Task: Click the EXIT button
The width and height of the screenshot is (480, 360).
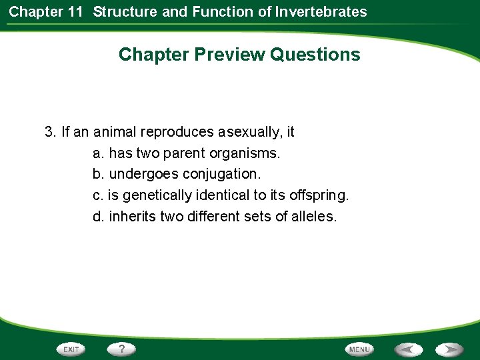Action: click(71, 349)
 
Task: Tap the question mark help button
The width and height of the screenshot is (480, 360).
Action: click(122, 349)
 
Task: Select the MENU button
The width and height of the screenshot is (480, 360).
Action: click(359, 349)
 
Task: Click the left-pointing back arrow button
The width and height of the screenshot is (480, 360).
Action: click(408, 349)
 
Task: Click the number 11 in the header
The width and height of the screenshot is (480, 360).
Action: click(77, 11)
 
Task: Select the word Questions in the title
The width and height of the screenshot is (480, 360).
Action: click(315, 55)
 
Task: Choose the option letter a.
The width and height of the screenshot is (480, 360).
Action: click(98, 153)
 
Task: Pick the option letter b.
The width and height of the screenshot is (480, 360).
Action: click(98, 175)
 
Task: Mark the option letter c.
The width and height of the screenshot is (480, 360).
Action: click(97, 196)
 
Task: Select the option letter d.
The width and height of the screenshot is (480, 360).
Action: click(98, 217)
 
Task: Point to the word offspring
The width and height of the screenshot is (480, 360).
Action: click(321, 196)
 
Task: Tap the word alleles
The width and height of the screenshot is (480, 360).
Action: click(313, 217)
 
